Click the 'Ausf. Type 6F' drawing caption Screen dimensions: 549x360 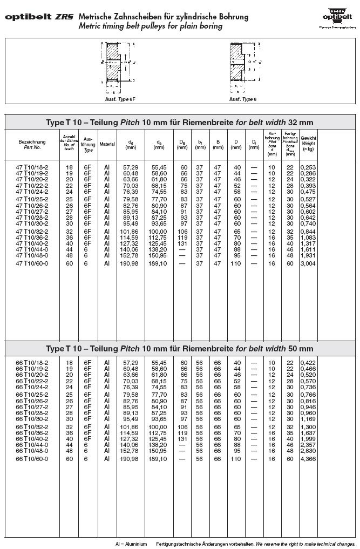[118, 99]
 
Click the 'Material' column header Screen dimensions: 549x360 [107, 144]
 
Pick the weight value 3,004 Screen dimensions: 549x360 [308, 263]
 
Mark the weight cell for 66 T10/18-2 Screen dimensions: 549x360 [308, 363]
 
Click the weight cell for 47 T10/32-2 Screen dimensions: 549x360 [308, 232]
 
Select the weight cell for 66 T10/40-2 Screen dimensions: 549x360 [308, 438]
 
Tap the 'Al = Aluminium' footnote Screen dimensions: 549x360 [132, 544]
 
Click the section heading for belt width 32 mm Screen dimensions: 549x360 [180, 123]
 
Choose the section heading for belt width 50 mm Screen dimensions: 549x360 [180, 349]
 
